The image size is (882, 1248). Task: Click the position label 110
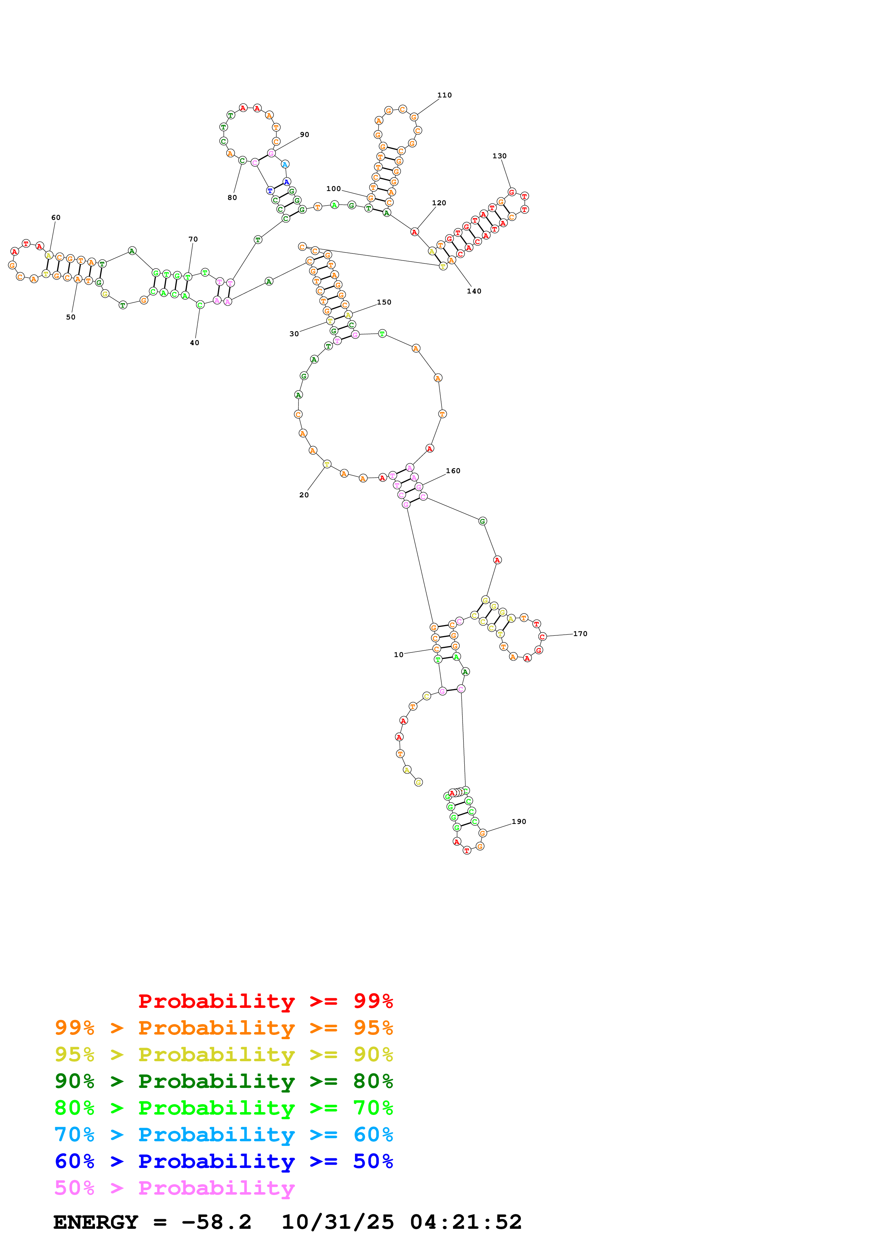[444, 95]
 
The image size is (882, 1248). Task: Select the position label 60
[56, 217]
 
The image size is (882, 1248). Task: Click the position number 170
[580, 634]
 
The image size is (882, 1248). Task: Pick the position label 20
[304, 495]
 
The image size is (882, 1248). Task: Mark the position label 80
[232, 198]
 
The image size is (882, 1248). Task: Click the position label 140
[474, 291]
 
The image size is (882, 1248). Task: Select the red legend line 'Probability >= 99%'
[265, 1001]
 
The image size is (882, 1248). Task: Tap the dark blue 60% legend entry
[223, 1161]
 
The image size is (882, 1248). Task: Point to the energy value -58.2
[216, 1222]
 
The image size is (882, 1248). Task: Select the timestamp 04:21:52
[466, 1222]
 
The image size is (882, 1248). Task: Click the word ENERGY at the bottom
[96, 1222]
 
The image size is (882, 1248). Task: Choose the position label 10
[398, 655]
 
